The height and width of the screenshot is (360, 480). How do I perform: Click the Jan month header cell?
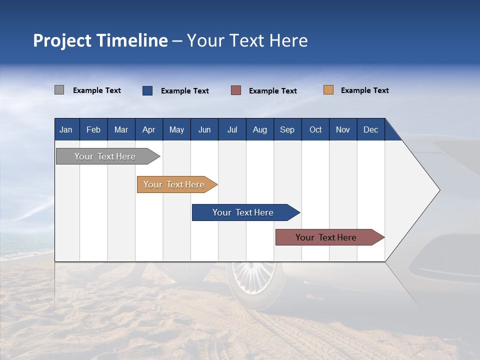66,129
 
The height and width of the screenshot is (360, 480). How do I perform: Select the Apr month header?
149,129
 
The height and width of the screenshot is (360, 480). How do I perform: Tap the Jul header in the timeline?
232,129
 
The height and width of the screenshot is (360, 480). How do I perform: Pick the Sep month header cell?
287,129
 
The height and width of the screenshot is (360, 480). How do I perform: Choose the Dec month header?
370,129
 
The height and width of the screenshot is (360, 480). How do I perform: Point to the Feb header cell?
93,129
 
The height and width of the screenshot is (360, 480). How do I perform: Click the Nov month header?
343,129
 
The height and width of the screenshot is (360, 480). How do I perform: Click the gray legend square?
59,90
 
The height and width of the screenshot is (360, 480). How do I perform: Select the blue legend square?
147,90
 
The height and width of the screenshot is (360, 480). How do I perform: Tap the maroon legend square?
236,90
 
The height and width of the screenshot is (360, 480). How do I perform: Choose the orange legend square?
328,90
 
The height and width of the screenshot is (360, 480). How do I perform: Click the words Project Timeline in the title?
100,40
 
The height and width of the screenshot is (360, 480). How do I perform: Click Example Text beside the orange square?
364,90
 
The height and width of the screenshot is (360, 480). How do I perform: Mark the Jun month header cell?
204,129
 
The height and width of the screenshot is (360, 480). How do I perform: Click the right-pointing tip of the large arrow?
438,189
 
